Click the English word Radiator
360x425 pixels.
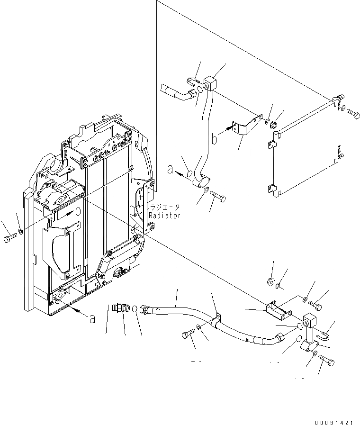coord(164,216)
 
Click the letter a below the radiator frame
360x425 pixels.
coord(92,319)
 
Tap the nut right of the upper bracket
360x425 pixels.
coord(274,125)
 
